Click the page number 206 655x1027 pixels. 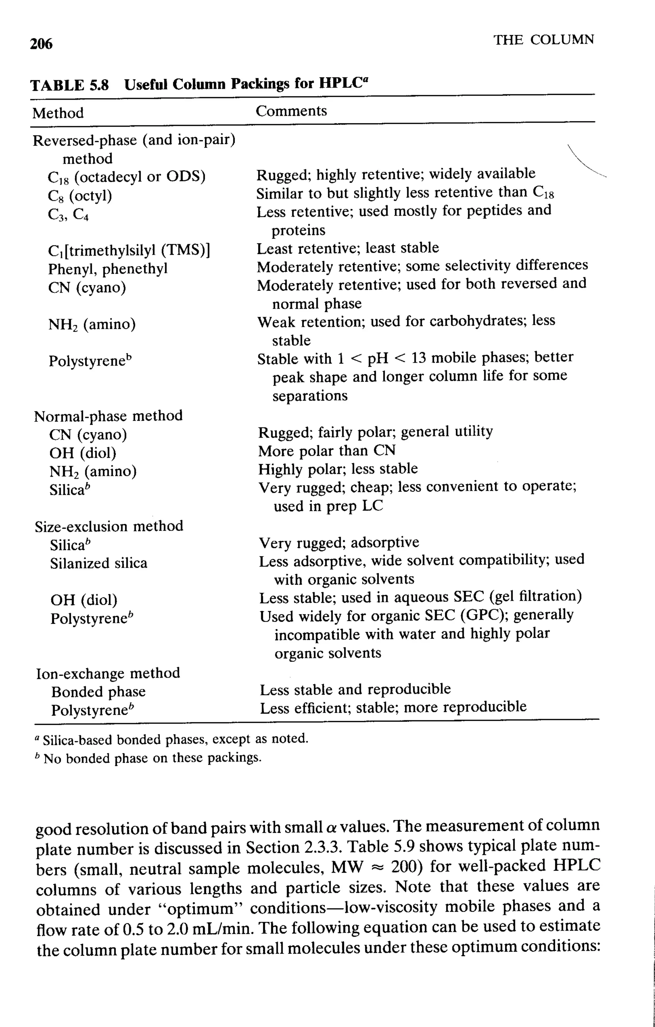pos(42,43)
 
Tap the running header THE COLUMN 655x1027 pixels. pos(544,40)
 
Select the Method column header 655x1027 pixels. pos(58,113)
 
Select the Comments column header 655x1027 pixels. pos(291,111)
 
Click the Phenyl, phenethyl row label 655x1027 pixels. pos(107,269)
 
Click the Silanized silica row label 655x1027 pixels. pos(99,563)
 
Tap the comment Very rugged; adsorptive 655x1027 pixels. pos(339,542)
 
